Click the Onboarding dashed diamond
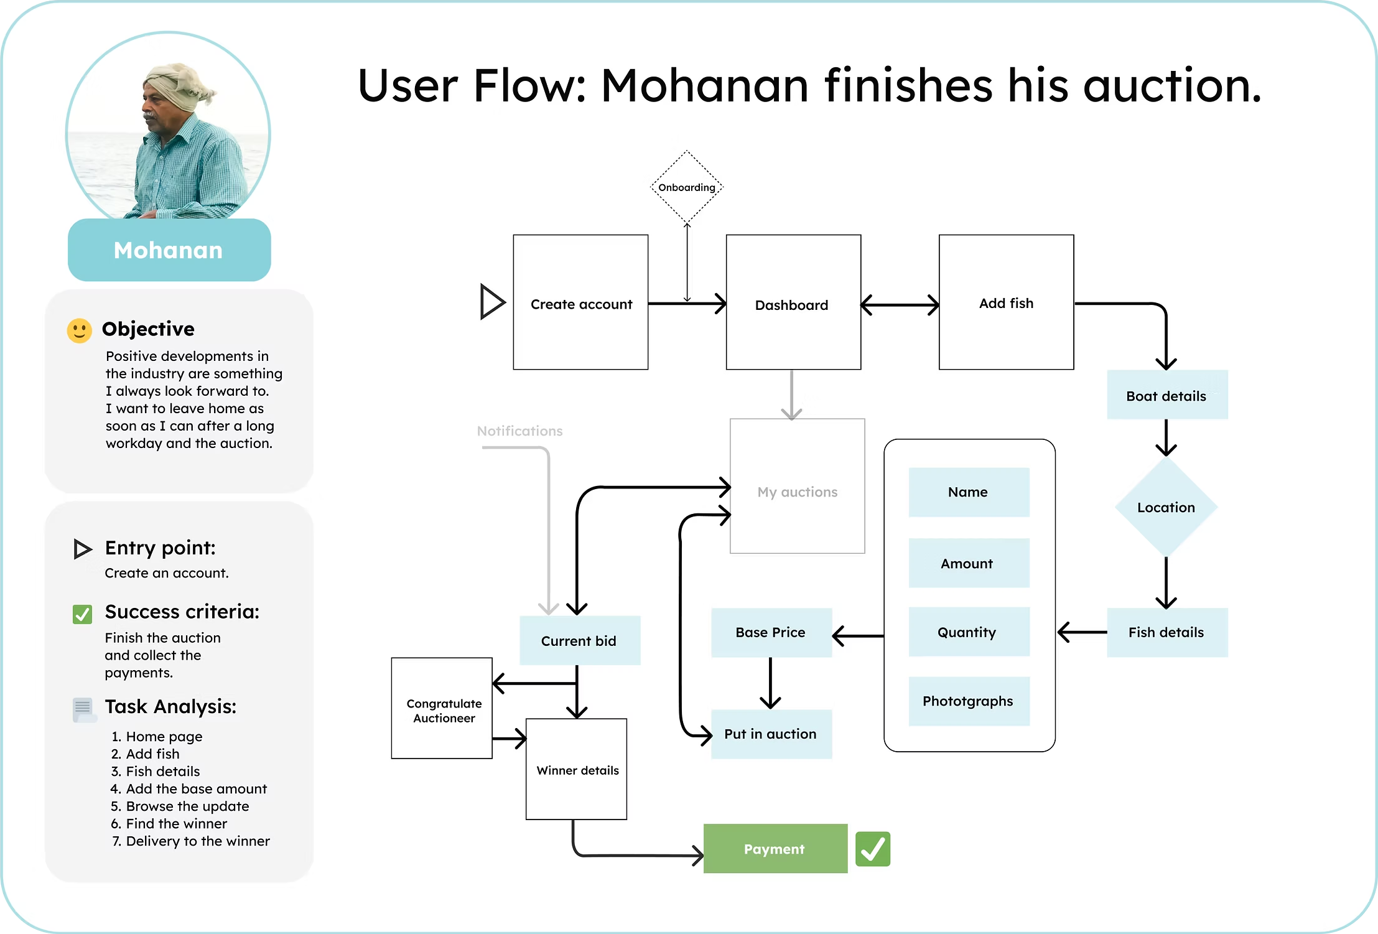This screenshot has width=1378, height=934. (687, 187)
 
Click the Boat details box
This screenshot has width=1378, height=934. (1167, 395)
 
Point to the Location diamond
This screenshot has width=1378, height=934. (1166, 507)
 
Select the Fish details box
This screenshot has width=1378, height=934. (1167, 632)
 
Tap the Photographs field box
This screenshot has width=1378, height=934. (969, 701)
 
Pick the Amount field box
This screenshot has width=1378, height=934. (969, 563)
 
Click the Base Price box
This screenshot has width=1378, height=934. (771, 632)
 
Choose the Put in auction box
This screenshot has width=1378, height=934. (771, 734)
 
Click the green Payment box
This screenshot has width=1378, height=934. (775, 849)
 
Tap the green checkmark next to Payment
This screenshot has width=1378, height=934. (873, 849)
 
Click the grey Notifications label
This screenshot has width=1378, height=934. (519, 431)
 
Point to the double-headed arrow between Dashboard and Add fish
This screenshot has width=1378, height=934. (900, 305)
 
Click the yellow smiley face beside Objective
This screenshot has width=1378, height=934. (80, 330)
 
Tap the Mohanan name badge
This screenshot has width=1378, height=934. (169, 250)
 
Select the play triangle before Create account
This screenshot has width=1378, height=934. (491, 302)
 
